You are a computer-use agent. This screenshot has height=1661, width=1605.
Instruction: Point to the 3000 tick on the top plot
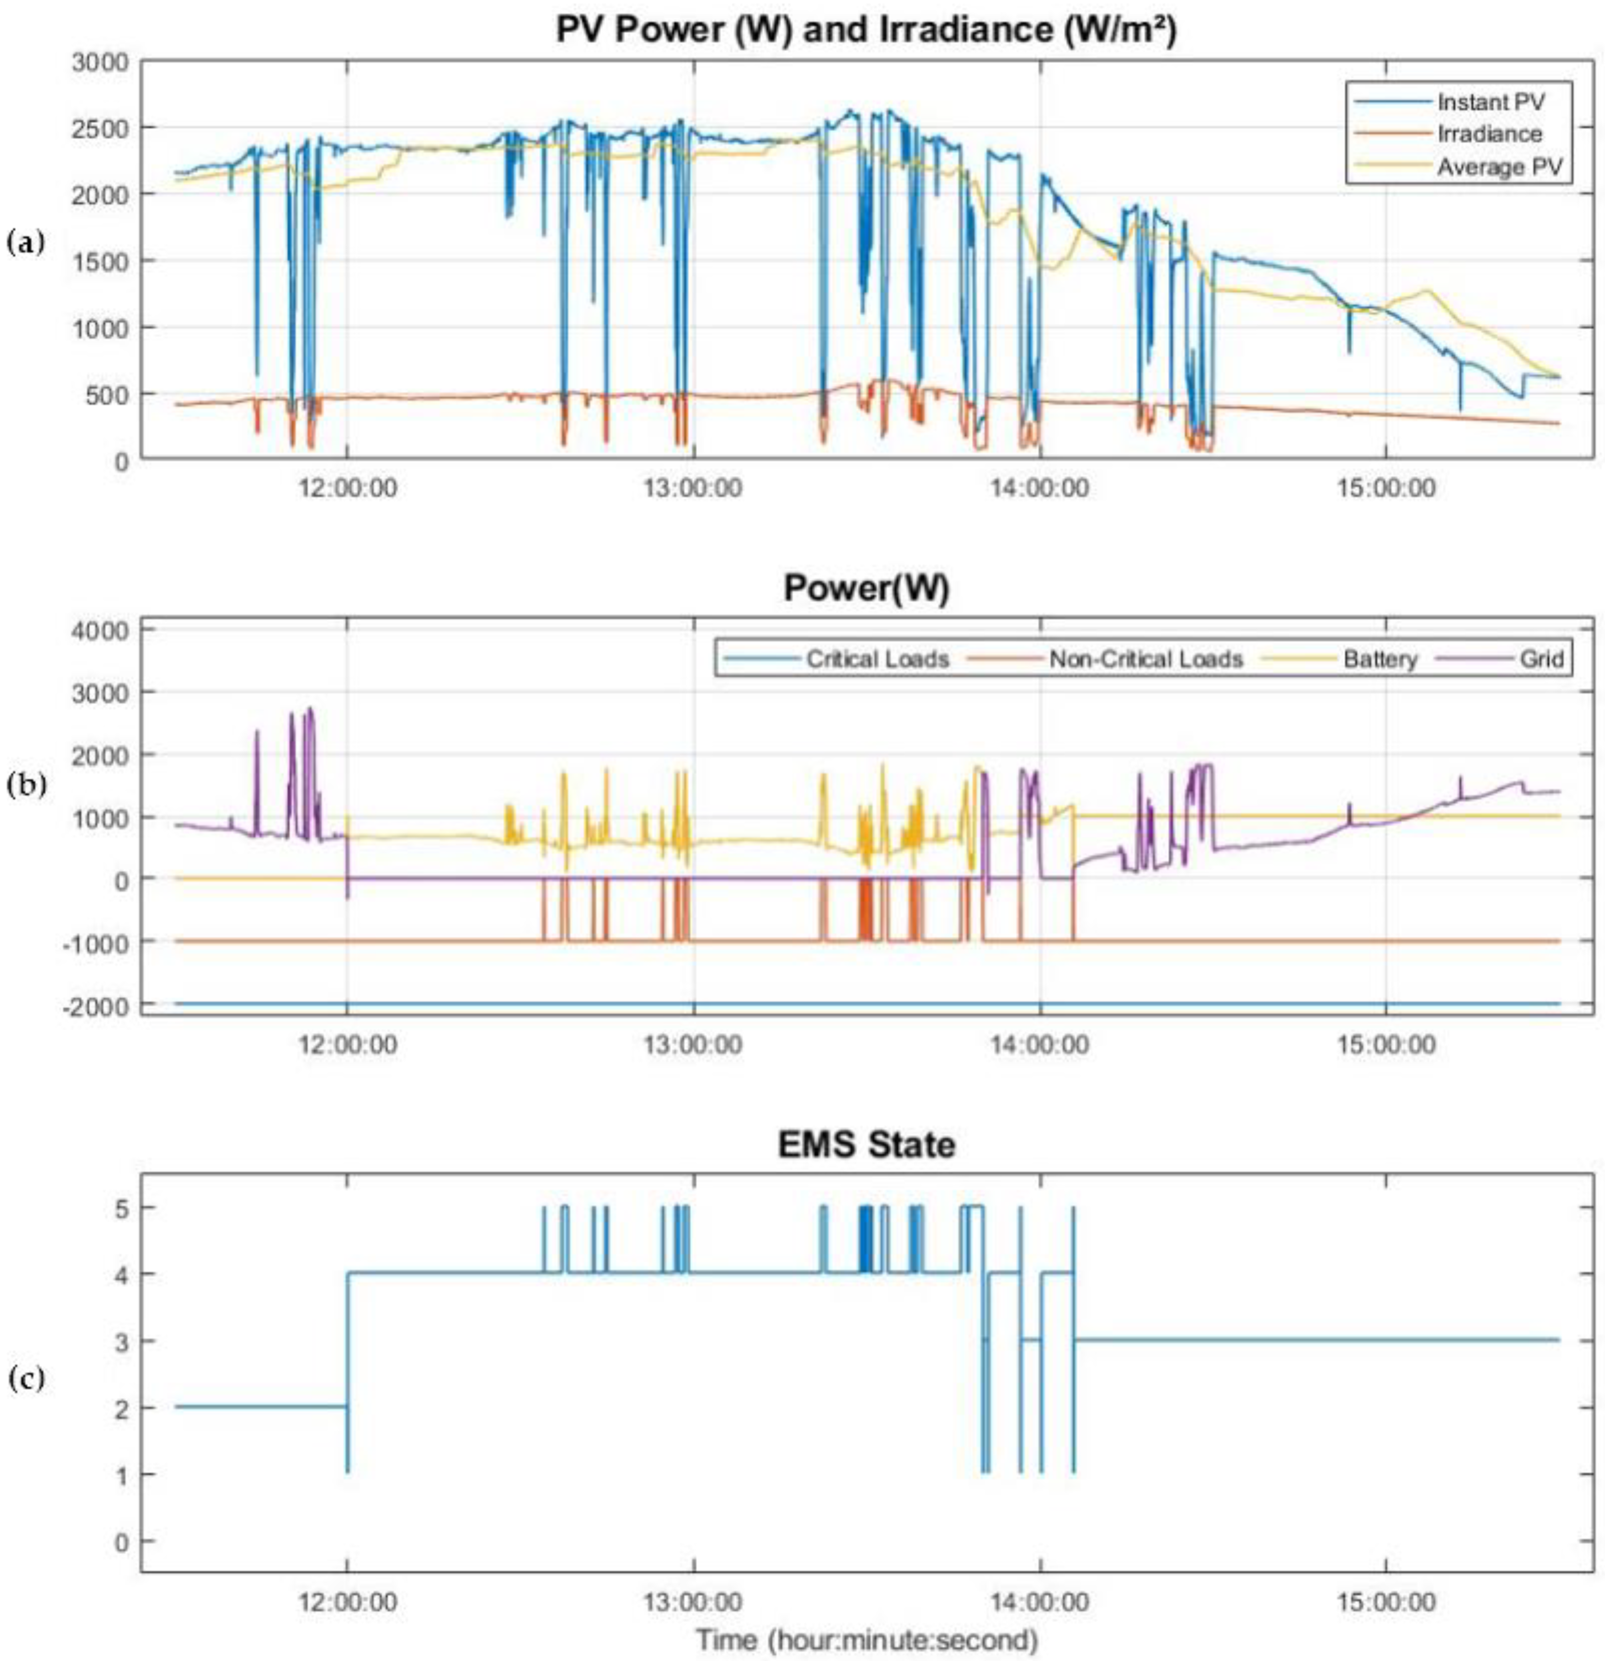[x=100, y=63]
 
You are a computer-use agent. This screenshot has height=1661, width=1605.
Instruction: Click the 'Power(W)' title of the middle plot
[x=866, y=587]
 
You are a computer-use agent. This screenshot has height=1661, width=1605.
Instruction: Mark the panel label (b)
[x=24, y=785]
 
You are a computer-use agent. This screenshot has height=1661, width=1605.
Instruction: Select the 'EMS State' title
[x=866, y=1145]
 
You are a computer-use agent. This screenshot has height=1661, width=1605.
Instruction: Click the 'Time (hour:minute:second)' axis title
[x=866, y=1640]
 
